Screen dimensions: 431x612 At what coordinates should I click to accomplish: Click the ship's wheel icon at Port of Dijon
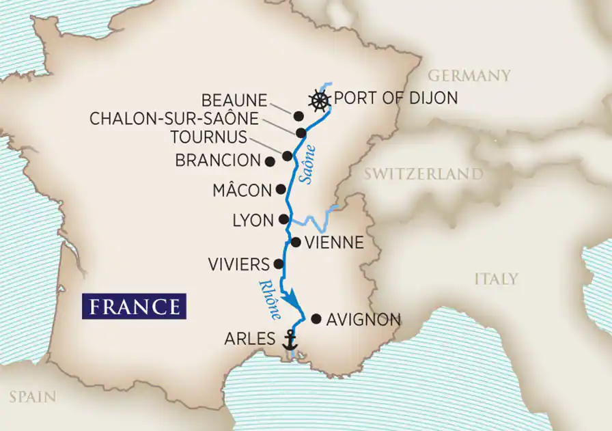pos(318,100)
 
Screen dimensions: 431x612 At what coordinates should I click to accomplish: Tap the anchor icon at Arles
pos(291,339)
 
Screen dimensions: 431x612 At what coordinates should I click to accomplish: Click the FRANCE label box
pos(134,305)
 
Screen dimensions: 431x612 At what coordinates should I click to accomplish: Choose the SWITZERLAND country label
pos(423,174)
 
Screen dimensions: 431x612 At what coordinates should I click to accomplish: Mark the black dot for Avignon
pos(316,318)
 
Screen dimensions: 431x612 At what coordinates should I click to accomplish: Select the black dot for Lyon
pos(283,219)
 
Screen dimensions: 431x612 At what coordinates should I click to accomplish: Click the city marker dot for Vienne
pos(295,242)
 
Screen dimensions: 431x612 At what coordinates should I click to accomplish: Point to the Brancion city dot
pos(270,161)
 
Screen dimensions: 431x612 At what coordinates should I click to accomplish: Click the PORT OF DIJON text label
pos(396,99)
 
